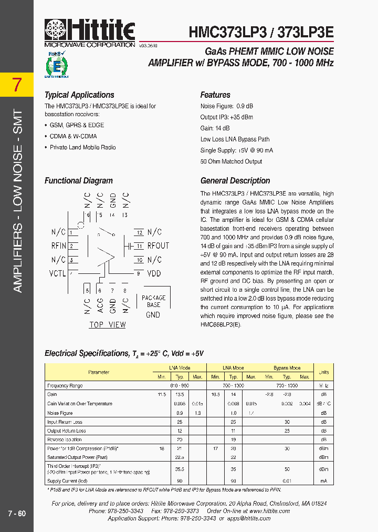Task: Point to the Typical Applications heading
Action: pos(79,95)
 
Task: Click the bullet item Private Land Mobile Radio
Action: pos(82,148)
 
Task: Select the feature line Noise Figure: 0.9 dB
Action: pos(226,106)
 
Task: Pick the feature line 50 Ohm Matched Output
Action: pos(231,161)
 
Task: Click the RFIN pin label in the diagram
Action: pos(58,245)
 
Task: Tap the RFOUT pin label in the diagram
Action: pos(158,245)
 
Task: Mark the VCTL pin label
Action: pos(58,273)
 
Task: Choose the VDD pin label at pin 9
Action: pos(154,273)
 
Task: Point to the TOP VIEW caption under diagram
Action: pos(107,325)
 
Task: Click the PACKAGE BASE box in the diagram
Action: pos(153,302)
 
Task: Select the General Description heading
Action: pos(235,181)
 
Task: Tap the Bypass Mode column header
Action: pos(287,368)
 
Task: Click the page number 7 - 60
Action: pos(17,514)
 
